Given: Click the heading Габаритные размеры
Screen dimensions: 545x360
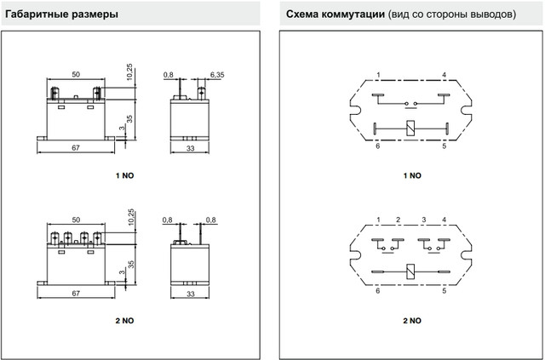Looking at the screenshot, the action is pyautogui.click(x=60, y=14).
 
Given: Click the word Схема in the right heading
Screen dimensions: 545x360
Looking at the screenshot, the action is pyautogui.click(x=301, y=14).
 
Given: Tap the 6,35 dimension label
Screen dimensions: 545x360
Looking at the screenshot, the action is pyautogui.click(x=217, y=75).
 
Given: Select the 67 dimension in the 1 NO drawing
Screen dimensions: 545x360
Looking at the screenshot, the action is pyautogui.click(x=76, y=148).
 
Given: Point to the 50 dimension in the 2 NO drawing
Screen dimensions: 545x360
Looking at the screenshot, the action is pyautogui.click(x=76, y=220).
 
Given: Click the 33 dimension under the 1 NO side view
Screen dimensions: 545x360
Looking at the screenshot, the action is pyautogui.click(x=191, y=148).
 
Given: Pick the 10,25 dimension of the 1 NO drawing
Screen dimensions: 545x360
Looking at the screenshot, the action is pyautogui.click(x=129, y=71).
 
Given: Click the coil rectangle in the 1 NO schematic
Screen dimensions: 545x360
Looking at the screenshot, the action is pyautogui.click(x=410, y=128).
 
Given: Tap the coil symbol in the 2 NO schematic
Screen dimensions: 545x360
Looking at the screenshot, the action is pyautogui.click(x=410, y=271).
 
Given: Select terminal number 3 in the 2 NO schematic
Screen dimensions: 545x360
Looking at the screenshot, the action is pyautogui.click(x=424, y=220).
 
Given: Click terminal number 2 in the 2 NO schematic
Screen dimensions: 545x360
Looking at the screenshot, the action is pyautogui.click(x=398, y=220).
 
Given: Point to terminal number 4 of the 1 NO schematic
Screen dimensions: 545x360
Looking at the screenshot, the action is pyautogui.click(x=444, y=75).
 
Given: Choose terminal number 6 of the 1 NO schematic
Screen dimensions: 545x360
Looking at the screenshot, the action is pyautogui.click(x=378, y=146).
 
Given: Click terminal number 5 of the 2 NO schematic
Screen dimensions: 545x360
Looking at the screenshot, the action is pyautogui.click(x=444, y=291).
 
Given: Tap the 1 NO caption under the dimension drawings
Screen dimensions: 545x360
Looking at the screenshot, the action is pyautogui.click(x=124, y=175).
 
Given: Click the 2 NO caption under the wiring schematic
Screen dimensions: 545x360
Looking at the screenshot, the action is pyautogui.click(x=412, y=320).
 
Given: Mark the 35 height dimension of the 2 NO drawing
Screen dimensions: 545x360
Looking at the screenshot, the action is pyautogui.click(x=130, y=264).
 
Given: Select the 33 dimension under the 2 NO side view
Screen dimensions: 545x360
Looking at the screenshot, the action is pyautogui.click(x=191, y=294).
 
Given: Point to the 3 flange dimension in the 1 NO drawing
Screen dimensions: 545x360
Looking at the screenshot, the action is pyautogui.click(x=122, y=128).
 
